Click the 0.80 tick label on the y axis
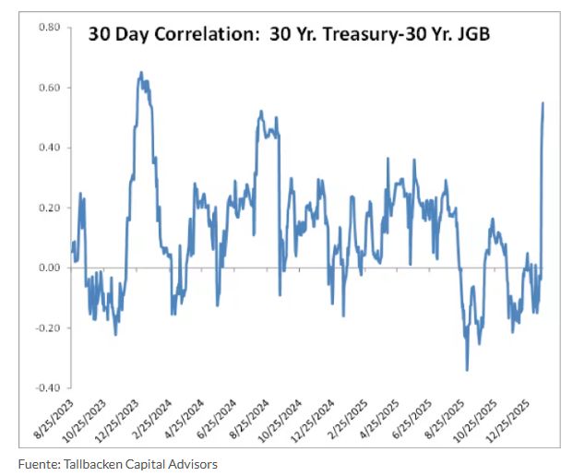(x=49, y=28)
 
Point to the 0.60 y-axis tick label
(x=49, y=88)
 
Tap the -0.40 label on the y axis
(x=47, y=387)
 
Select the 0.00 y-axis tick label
(x=49, y=268)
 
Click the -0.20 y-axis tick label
(x=47, y=327)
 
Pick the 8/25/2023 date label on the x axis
(x=54, y=419)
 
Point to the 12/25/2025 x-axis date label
(x=507, y=421)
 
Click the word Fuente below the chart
(x=39, y=464)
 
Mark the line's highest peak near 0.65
(x=141, y=72)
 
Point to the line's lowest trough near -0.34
(x=467, y=370)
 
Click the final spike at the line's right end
(x=543, y=103)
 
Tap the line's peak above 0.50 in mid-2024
(x=261, y=111)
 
